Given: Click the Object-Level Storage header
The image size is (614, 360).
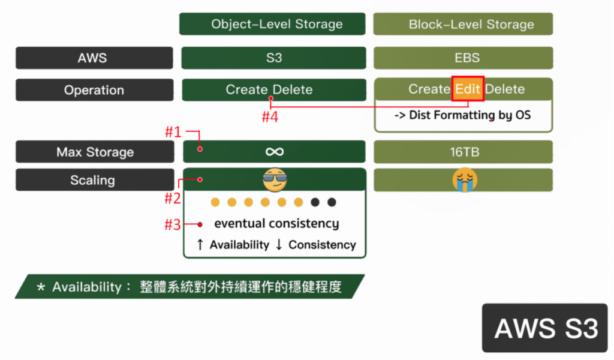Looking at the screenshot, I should click(272, 24).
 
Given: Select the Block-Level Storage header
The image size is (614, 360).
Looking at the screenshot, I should click(463, 25).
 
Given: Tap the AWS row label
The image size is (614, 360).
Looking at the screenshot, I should click(94, 58).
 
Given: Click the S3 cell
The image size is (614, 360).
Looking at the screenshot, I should click(274, 58).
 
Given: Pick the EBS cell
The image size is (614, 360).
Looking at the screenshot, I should click(463, 58).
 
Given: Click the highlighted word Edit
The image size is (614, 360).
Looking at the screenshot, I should click(468, 89).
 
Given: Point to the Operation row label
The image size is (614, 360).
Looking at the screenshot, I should click(94, 90).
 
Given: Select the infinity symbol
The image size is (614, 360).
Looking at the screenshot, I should click(274, 151).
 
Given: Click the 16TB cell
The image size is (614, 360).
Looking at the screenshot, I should click(463, 152).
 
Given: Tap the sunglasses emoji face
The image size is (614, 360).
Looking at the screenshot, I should click(275, 179).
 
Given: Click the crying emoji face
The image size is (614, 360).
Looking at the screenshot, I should click(465, 179).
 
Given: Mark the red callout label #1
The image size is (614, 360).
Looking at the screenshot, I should click(173, 131).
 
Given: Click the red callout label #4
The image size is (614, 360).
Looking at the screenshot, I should click(270, 117).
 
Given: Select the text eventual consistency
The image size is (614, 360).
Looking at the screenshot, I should click(276, 224).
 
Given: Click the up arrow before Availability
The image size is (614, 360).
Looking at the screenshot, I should click(200, 245).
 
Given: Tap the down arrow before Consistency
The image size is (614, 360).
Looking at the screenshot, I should click(279, 245).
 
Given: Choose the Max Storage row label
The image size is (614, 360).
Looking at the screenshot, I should click(95, 152).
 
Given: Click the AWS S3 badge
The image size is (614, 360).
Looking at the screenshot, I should click(546, 328).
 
